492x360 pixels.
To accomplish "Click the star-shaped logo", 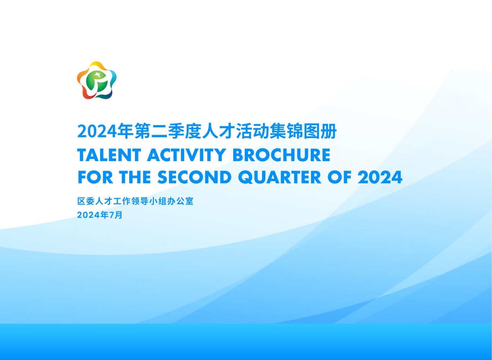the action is pyautogui.click(x=97, y=80).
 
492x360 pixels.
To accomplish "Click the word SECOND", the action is pyautogui.click(x=194, y=177).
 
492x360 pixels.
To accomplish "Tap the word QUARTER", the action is pyautogui.click(x=279, y=177).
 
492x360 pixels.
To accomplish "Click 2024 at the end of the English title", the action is pyautogui.click(x=380, y=177).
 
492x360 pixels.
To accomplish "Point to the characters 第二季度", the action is pyautogui.click(x=168, y=132).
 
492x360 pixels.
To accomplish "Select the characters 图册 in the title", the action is pyautogui.click(x=320, y=132).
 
